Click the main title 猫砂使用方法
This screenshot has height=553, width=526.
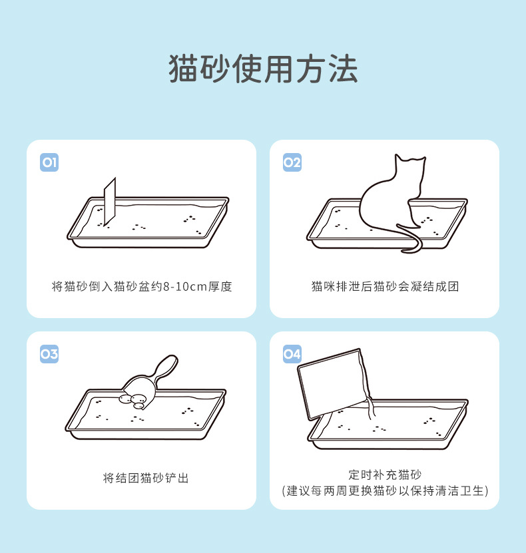coord(263,69)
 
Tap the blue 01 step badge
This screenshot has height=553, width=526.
coord(49,162)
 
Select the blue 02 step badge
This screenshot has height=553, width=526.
coord(292,162)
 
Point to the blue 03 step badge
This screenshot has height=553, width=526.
coord(49,354)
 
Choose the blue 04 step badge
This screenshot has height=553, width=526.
coord(292,354)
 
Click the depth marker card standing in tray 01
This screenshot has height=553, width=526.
coord(110,202)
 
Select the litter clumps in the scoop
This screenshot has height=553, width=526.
coord(133,401)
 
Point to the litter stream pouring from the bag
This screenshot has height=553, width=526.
coord(370,408)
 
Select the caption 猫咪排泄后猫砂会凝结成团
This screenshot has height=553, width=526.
coord(385,286)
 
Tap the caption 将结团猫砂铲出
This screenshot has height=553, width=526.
coord(146,478)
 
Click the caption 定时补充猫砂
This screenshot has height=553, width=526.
coord(385,474)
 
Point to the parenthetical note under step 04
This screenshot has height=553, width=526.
coord(385,490)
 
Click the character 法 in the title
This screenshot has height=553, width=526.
coord(343,69)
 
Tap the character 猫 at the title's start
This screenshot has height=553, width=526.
coord(184,69)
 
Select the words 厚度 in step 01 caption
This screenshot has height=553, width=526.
coord(220,287)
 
